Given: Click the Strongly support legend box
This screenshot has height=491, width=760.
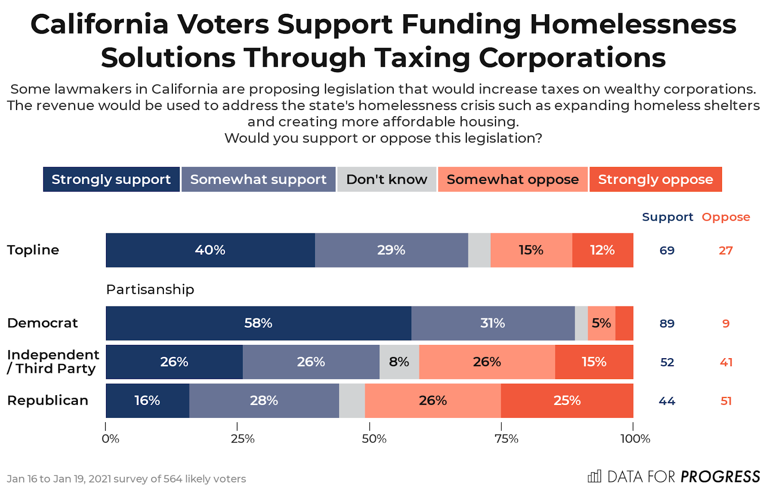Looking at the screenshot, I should (x=111, y=179).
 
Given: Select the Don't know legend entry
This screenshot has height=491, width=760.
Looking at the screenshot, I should (x=387, y=179).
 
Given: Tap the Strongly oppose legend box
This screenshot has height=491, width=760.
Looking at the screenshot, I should (x=655, y=179).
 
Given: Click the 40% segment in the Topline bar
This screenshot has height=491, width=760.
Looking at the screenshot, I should (x=210, y=250).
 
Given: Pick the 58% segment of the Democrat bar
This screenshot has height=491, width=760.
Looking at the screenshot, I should (x=258, y=323).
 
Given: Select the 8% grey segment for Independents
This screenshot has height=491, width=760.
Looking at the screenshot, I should (x=399, y=362).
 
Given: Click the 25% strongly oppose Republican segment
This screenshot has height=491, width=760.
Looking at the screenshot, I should (x=567, y=400).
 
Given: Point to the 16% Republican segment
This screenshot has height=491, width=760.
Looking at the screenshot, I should (x=147, y=400).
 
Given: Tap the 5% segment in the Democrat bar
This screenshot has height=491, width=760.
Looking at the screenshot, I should (x=601, y=323).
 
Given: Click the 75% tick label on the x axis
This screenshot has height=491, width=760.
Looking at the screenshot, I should (x=506, y=439).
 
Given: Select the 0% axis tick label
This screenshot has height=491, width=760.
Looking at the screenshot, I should (x=110, y=439).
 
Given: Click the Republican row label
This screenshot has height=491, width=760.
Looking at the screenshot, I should (x=47, y=400).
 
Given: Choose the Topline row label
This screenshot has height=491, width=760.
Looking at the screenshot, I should (x=33, y=250).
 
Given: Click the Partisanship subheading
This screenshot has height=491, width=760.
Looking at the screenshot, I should (x=150, y=289).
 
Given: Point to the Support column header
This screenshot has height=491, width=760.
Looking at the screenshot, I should (x=667, y=217).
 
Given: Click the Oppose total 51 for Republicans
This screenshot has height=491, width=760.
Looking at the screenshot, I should (x=726, y=401).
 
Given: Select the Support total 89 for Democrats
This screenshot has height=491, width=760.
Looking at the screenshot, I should (x=667, y=324).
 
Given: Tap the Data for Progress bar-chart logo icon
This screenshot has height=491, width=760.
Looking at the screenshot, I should (x=594, y=476).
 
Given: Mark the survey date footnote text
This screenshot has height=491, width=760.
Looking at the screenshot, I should (x=126, y=479).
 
